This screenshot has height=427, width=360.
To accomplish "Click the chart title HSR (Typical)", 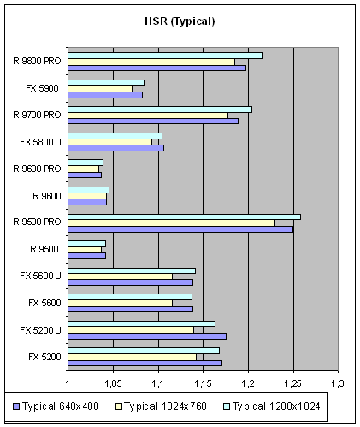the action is click(x=180, y=21).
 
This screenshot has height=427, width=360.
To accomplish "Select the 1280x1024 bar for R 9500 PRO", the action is click(x=185, y=217).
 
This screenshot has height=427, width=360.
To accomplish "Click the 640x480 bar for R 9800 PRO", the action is click(x=157, y=68).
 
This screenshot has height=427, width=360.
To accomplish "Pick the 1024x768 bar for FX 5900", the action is click(x=100, y=89).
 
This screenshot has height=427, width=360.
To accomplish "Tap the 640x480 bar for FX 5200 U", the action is click(x=147, y=336).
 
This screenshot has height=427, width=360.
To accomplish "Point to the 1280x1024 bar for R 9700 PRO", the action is click(x=160, y=110).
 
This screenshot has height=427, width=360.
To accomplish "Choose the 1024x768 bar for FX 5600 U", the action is click(x=121, y=276).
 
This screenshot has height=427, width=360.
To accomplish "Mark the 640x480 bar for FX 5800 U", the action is click(x=116, y=148).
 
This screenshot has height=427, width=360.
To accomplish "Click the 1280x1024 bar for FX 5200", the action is click(x=144, y=351).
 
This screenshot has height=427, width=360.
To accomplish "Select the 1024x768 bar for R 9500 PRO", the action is click(x=172, y=223).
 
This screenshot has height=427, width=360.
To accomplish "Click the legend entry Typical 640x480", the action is click(x=56, y=406).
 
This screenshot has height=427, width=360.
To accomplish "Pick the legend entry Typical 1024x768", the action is click(x=161, y=406).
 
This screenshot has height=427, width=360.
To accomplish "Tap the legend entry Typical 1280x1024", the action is click(x=272, y=406).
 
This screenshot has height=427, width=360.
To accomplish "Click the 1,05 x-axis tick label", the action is click(x=113, y=384).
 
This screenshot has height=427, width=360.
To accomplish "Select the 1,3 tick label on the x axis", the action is click(x=338, y=384).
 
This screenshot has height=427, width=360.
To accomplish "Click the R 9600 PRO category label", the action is click(x=37, y=169).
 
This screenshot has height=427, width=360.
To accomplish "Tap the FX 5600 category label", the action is click(x=44, y=303).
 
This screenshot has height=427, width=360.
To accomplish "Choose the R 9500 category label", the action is click(x=44, y=249).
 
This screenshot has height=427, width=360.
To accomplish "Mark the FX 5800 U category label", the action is click(x=40, y=142).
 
